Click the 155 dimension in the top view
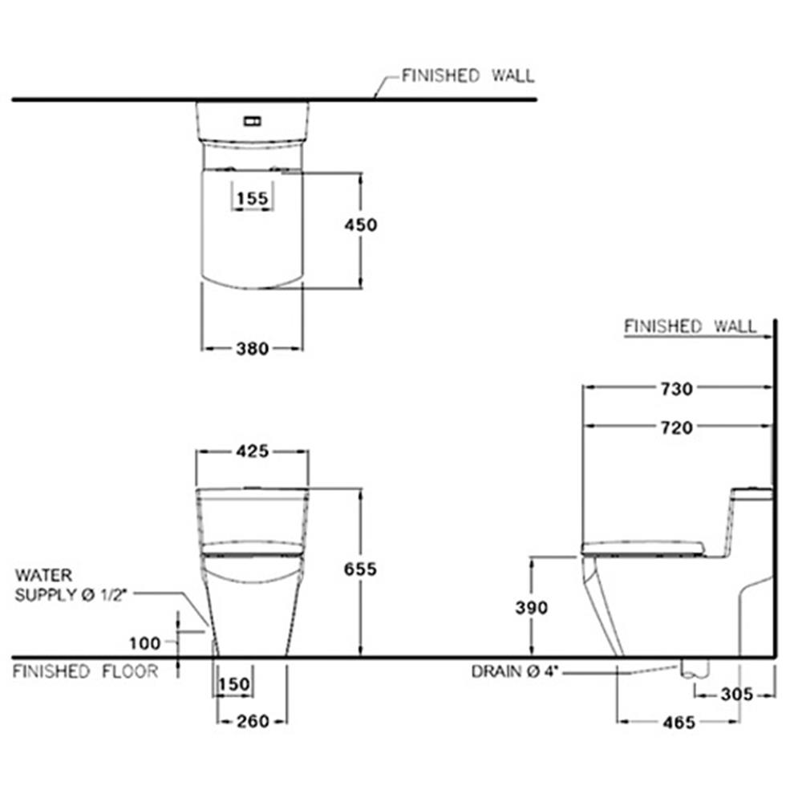[253, 198]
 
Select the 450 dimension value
[361, 225]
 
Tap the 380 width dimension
[252, 349]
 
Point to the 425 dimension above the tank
[253, 451]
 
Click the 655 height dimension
[360, 569]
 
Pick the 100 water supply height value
[144, 643]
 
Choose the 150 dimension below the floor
[234, 684]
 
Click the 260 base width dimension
[253, 721]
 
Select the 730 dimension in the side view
[677, 389]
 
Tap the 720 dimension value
[677, 427]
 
